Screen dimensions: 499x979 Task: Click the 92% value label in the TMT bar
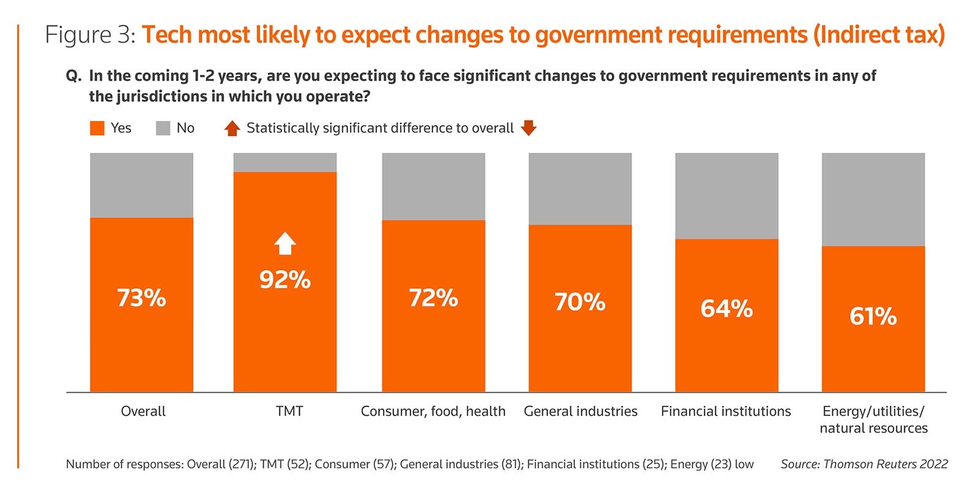point(285,280)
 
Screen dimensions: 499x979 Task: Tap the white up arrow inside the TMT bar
point(285,243)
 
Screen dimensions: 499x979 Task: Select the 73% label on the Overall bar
point(141,298)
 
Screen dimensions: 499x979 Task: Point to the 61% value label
point(873,317)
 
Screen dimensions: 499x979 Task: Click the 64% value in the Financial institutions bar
point(726,309)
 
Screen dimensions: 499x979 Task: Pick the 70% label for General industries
point(580,302)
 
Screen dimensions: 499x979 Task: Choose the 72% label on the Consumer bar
point(433,298)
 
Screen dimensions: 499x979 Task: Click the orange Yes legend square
point(97,128)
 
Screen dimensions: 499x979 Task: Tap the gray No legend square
point(163,128)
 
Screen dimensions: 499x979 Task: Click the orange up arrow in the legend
point(232,128)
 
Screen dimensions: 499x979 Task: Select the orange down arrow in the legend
point(529,128)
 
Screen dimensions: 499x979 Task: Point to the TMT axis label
point(289,411)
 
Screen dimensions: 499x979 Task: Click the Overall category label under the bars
point(143,411)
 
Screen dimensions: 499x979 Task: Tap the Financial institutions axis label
point(726,411)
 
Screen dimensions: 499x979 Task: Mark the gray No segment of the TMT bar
point(285,163)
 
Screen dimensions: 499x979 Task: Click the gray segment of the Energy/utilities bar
point(873,199)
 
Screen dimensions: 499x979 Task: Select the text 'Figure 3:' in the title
point(90,35)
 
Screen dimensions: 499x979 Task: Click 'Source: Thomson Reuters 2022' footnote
point(864,464)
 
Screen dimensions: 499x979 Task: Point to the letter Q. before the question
point(73,76)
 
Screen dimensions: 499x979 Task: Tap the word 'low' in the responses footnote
point(744,464)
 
